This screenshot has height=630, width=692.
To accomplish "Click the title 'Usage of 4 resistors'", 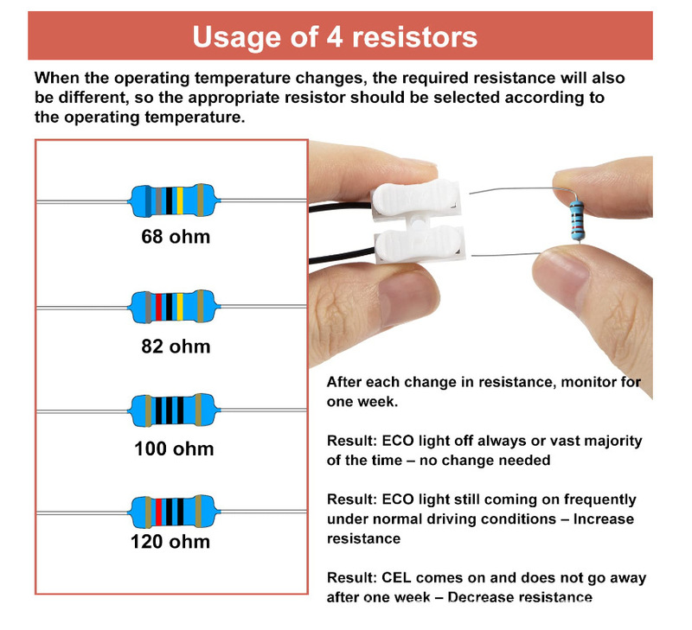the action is click(x=335, y=37).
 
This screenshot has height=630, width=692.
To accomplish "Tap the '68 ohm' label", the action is click(x=176, y=237).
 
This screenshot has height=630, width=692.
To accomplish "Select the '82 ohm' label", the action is click(x=176, y=347).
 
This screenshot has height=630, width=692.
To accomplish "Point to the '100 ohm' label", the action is click(x=175, y=449).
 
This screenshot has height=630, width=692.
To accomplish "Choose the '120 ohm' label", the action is click(x=170, y=542).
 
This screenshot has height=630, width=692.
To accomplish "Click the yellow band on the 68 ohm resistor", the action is click(x=180, y=200).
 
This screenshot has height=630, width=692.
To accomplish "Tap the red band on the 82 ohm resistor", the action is click(x=159, y=307).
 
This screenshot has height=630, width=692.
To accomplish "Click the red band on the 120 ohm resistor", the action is click(x=158, y=512).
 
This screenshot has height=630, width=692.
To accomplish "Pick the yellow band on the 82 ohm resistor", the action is click(x=180, y=307).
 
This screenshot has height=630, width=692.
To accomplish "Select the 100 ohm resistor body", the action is click(x=174, y=410).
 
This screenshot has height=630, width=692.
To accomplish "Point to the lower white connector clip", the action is click(x=420, y=245).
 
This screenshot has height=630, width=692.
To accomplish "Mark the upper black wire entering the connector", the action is click(x=340, y=207).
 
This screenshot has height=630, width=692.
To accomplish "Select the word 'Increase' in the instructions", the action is click(x=603, y=519).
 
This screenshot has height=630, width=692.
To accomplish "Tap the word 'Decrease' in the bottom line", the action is click(x=481, y=597).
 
